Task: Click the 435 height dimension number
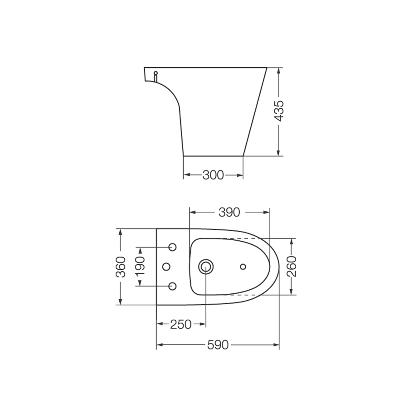pos(280,111)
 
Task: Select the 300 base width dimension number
pos(213,175)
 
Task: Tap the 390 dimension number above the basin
pos(229,212)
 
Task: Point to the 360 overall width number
pos(120,267)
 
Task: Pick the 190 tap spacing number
pos(140,267)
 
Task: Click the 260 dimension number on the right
pos(291,266)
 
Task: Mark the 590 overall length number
pos(218,345)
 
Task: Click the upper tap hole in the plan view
pos(172,247)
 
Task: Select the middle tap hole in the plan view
pos(166,266)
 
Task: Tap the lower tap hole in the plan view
pos(172,286)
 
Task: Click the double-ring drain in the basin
pos(206,267)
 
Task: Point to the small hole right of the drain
pos(243,267)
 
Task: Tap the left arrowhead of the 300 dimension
pos(186,175)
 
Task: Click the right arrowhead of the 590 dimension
pos(276,345)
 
